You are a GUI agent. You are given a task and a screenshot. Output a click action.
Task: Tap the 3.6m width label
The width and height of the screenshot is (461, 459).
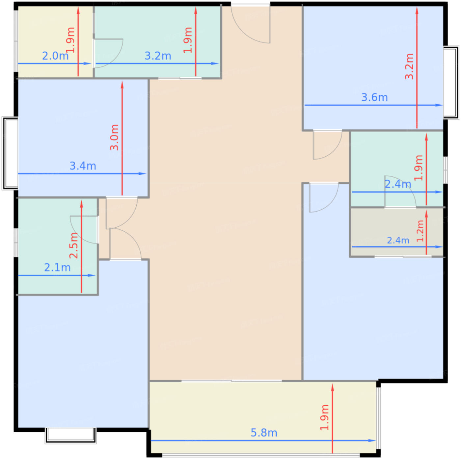point(374,97)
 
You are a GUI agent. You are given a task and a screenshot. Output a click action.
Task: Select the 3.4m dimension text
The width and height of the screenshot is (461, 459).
point(83,166)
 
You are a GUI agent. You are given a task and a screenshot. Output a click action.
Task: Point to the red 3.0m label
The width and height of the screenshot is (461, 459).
point(114,138)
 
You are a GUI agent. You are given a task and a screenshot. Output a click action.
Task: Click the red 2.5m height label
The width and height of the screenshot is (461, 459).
point(74,245)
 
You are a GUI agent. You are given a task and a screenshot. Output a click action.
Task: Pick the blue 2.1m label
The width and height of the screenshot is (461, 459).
point(57,268)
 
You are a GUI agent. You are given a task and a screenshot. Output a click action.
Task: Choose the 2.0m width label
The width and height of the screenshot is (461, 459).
point(55,56)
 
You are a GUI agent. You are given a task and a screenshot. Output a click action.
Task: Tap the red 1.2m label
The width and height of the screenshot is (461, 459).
point(420,231)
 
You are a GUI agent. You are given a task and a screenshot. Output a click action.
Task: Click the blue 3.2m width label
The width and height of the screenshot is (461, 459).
point(158,56)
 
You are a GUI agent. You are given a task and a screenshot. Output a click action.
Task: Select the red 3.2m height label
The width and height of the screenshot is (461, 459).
point(409,67)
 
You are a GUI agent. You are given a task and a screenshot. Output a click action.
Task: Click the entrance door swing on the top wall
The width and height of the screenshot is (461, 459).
point(251,24)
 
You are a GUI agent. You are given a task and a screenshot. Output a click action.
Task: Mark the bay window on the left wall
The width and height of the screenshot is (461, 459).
point(10,153)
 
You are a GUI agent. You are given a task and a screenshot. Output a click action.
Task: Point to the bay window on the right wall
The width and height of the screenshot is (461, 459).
point(451,82)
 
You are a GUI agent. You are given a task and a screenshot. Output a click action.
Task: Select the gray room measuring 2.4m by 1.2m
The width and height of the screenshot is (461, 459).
point(397,232)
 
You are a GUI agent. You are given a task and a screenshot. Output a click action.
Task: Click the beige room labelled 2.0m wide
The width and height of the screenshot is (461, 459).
point(56,42)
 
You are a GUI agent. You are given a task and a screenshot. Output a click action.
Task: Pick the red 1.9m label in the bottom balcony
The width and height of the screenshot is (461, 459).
point(325,418)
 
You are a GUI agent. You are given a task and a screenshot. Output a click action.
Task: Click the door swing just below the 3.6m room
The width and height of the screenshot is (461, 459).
point(328,145)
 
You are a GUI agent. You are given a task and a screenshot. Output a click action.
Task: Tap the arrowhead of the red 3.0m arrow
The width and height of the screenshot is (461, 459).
point(122,85)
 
